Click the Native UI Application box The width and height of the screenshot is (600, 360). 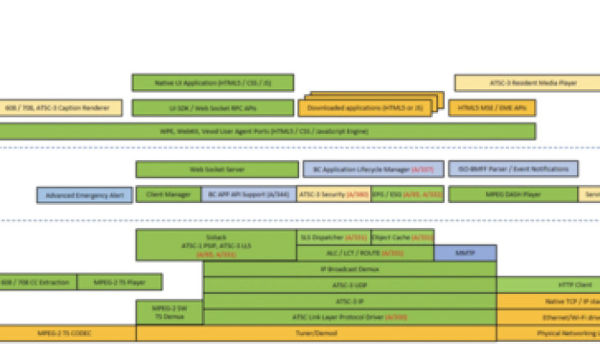pyautogui.click(x=213, y=82)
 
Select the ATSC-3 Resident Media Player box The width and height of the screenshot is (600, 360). pyautogui.click(x=527, y=83)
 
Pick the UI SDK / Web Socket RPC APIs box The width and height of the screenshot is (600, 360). pyautogui.click(x=213, y=108)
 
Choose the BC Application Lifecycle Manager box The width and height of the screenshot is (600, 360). pyautogui.click(x=374, y=170)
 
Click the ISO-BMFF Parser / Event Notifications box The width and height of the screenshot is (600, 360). pyautogui.click(x=513, y=170)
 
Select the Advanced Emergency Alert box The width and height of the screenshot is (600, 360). pyautogui.click(x=84, y=195)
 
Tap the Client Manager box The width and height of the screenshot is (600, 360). pyautogui.click(x=168, y=195)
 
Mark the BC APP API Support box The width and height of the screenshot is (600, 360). pyautogui.click(x=249, y=195)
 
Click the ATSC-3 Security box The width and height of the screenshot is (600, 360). pyautogui.click(x=334, y=195)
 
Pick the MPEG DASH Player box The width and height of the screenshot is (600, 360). pyautogui.click(x=513, y=195)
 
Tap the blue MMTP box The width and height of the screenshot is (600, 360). pyautogui.click(x=465, y=253)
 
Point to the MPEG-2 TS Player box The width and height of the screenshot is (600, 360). pyautogui.click(x=119, y=282)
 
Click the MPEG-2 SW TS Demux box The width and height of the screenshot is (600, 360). pyautogui.click(x=169, y=311)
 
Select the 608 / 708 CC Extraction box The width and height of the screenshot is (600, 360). pyautogui.click(x=38, y=282)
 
